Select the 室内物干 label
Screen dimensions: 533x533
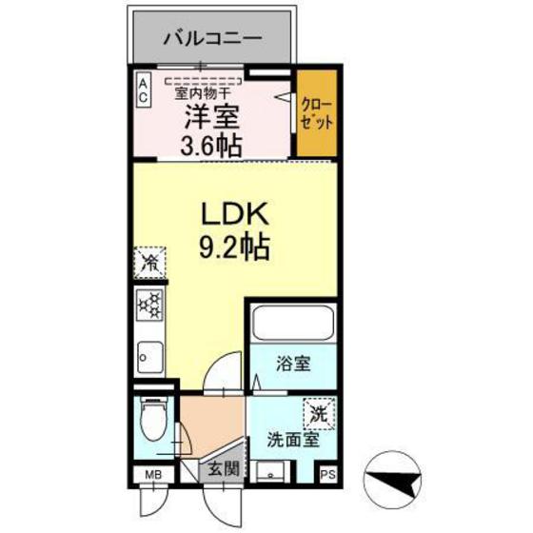201,92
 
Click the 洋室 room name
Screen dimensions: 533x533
210,118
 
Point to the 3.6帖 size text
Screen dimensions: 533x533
210,145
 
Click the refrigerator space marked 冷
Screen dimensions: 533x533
150,262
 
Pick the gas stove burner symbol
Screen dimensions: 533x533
149,306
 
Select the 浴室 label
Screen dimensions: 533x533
291,365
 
